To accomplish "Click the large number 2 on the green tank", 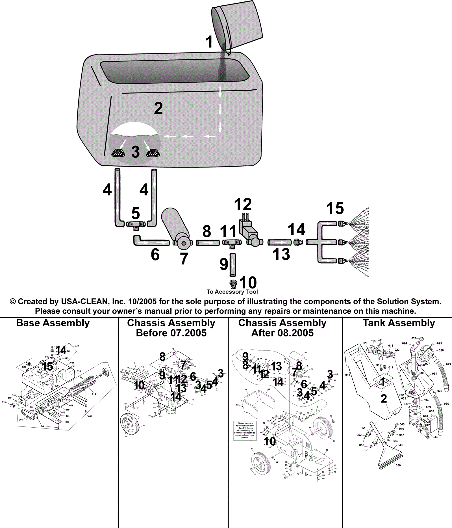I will (x=158, y=109).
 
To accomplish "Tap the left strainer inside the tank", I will (x=119, y=153).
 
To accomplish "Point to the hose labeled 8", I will (x=208, y=243).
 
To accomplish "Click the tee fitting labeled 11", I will (x=231, y=243).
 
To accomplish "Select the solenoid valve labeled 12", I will (x=250, y=232).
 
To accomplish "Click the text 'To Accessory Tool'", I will (x=232, y=292).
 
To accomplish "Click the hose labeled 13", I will (x=279, y=242).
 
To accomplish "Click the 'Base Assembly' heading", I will (x=53, y=323).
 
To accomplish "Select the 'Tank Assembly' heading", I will (x=399, y=323).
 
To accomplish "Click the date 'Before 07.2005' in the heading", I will (x=171, y=333).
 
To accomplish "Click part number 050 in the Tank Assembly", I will (x=398, y=465).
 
